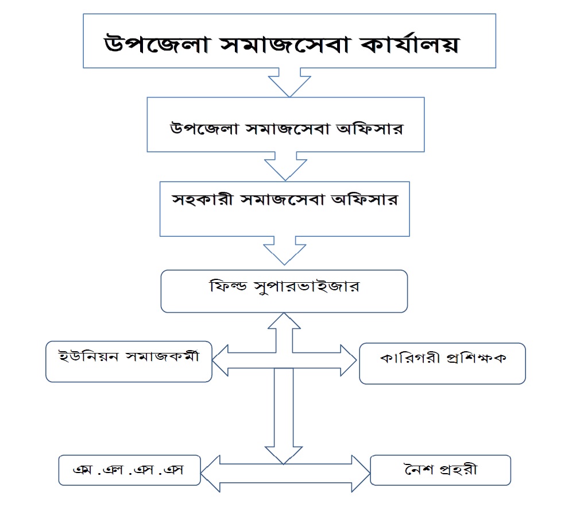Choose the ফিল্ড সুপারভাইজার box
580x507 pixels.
tap(284, 291)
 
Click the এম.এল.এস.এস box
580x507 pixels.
tap(129, 470)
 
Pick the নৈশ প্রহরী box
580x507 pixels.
tap(440, 470)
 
